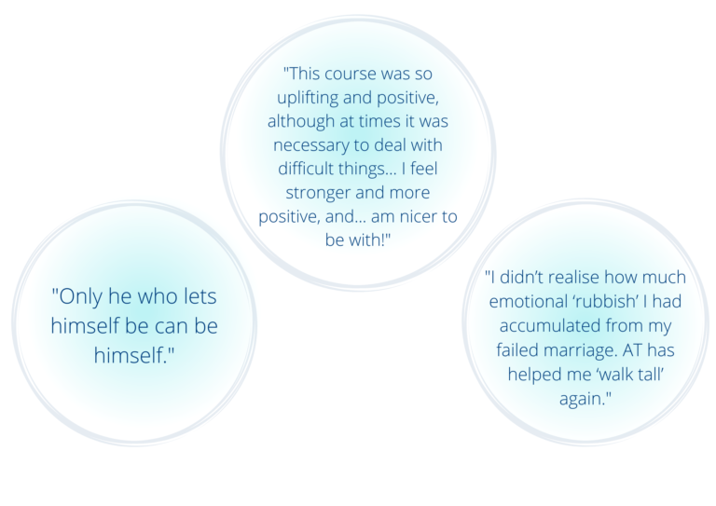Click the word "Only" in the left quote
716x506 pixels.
80,297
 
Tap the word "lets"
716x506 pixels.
200,296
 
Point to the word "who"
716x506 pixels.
158,296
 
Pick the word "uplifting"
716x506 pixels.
308,98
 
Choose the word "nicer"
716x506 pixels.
420,216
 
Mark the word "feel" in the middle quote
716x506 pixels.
424,169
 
